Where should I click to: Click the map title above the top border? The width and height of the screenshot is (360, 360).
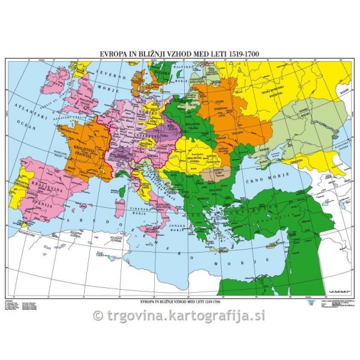coord(179,53)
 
